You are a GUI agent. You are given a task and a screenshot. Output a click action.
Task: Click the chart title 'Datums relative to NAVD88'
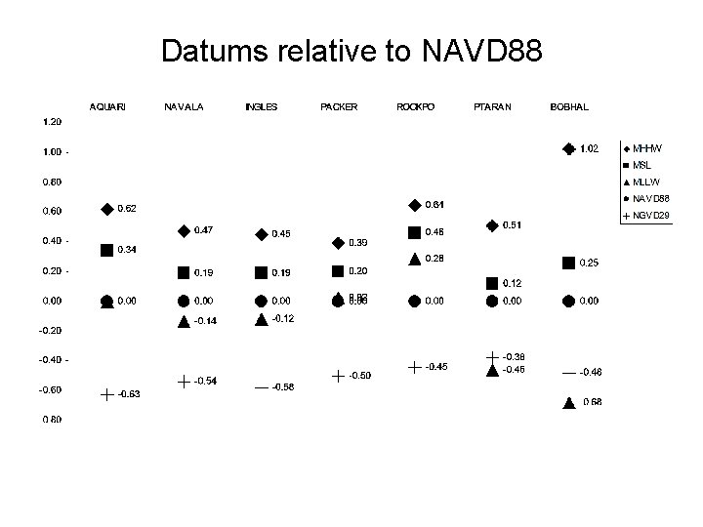point(351,51)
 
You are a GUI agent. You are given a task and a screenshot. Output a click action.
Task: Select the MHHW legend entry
point(646,148)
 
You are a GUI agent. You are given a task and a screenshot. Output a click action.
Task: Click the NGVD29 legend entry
point(650,215)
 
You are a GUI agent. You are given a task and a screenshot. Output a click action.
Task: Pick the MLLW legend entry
point(646,182)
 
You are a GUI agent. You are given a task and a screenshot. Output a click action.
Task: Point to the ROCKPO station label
point(415,106)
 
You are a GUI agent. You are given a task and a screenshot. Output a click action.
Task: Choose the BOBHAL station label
point(569,106)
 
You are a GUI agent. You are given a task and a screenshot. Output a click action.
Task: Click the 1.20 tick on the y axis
point(52,122)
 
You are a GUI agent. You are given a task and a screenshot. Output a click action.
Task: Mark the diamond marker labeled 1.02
point(569,149)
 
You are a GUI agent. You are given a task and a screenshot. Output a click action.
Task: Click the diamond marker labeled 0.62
point(106,209)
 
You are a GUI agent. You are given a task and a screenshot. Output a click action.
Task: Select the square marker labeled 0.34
point(106,250)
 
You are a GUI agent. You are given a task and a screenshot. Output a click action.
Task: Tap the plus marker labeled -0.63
point(106,394)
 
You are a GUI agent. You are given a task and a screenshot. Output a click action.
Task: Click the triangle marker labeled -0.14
point(184,320)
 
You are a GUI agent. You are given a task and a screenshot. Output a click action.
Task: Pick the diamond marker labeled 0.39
point(338,242)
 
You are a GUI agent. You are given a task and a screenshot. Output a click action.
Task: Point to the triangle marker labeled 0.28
point(415,259)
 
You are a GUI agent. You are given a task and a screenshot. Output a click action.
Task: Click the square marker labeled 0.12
point(492,283)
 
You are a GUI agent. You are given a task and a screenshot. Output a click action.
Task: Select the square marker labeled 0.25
point(569,263)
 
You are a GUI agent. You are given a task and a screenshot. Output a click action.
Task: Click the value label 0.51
point(512,225)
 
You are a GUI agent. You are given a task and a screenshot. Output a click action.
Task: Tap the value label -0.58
point(284,387)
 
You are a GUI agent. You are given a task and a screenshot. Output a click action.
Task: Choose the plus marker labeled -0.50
point(338,376)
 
